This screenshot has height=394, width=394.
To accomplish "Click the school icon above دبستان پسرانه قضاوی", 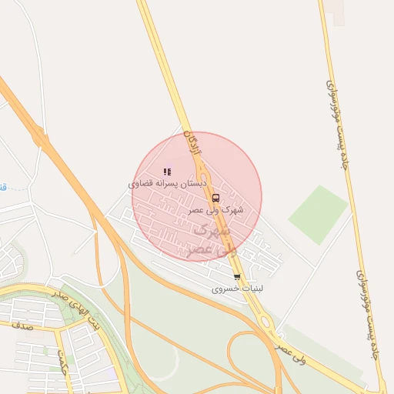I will click(x=167, y=172).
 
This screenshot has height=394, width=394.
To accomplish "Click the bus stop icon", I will click(x=215, y=197).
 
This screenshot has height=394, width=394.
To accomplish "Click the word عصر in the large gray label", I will click(x=195, y=250).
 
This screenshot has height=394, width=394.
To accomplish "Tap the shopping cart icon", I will click(x=237, y=277).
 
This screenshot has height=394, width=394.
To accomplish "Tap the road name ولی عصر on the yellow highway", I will click(x=290, y=354).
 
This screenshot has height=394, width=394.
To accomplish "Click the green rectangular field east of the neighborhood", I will click(x=319, y=215).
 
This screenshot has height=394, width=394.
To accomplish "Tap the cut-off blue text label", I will click(x=3, y=187).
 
